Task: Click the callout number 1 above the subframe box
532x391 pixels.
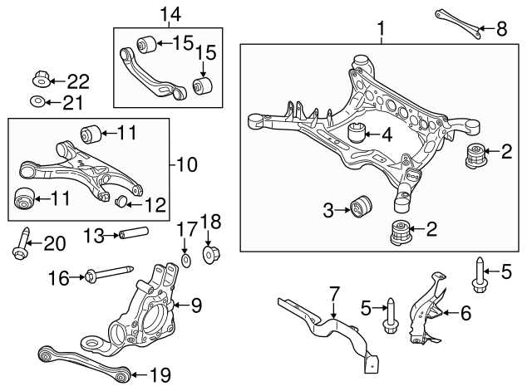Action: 382,31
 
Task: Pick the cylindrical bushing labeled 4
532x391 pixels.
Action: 358,132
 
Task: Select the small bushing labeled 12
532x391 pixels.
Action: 121,200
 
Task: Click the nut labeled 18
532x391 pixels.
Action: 209,252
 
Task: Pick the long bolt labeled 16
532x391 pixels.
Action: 108,273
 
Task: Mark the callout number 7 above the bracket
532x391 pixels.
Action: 334,293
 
